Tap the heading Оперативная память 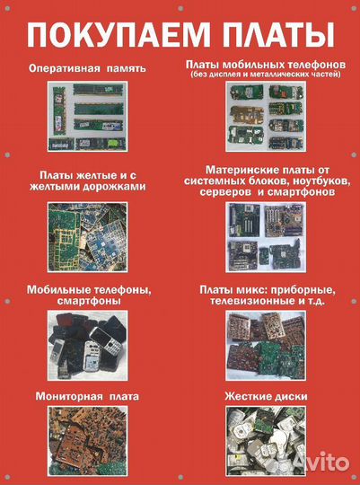87,68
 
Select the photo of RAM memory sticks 87,115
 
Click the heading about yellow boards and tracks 87,181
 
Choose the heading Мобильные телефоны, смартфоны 87,295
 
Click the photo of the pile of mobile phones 87,346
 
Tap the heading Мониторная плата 87,396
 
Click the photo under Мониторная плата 87,445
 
